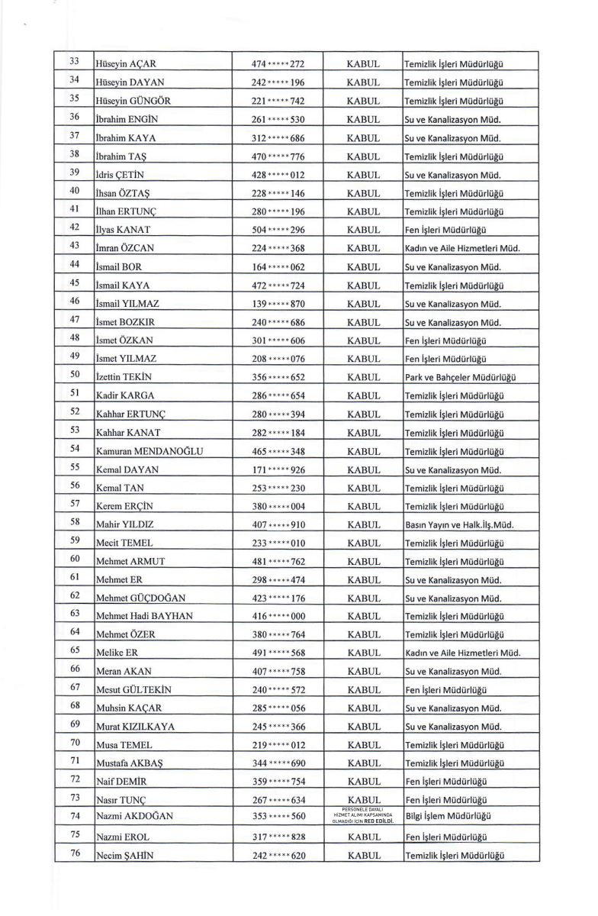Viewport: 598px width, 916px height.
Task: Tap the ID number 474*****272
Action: pyautogui.click(x=278, y=64)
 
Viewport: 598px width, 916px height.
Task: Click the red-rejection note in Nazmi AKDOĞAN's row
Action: pyautogui.click(x=363, y=815)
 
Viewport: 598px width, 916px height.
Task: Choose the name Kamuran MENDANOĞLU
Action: pyautogui.click(x=149, y=452)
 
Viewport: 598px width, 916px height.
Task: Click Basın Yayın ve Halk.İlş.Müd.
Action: pyautogui.click(x=458, y=523)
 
